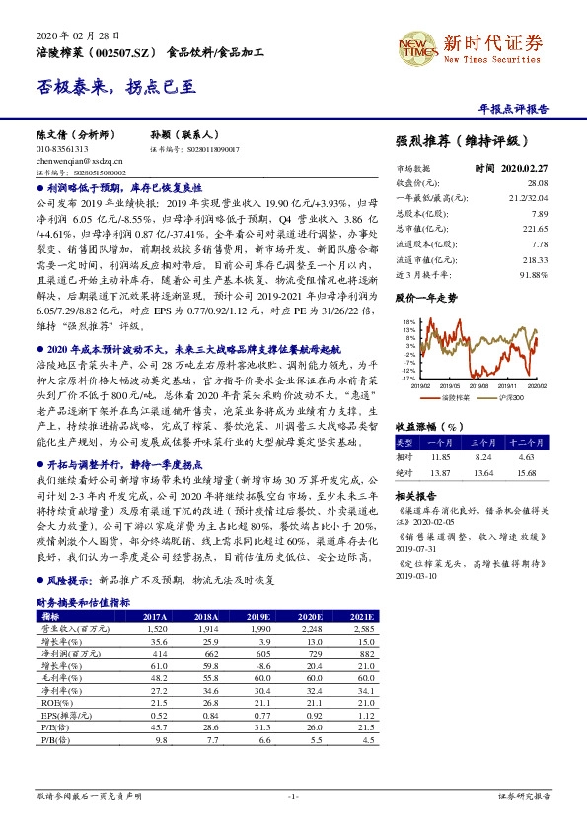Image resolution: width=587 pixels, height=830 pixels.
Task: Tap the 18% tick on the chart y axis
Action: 408,322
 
